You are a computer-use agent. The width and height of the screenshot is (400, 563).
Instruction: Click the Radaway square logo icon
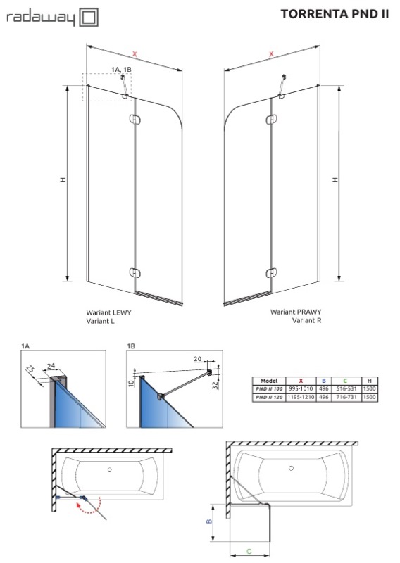tap(89, 17)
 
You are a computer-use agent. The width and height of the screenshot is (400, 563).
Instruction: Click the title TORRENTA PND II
tap(335, 14)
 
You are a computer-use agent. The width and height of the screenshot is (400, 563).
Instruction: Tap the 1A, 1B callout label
tap(121, 69)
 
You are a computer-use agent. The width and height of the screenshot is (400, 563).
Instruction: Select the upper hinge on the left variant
tap(135, 120)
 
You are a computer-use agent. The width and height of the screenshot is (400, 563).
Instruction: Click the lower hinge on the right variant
tap(271, 272)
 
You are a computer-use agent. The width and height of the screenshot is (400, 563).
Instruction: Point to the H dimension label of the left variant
tap(63, 179)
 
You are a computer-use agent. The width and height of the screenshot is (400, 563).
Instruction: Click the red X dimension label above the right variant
tap(271, 54)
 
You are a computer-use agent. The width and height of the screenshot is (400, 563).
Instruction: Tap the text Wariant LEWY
tap(108, 312)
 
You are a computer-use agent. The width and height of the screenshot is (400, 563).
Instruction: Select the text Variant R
tap(306, 320)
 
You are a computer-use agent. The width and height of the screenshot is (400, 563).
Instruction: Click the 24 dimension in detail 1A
tap(51, 366)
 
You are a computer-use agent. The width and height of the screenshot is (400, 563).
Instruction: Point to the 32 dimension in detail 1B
tap(215, 386)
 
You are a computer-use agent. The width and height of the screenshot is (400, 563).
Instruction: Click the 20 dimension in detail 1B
tap(198, 359)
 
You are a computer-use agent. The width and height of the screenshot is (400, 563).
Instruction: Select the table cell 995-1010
tap(301, 389)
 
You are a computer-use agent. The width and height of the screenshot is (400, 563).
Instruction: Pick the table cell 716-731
tap(346, 397)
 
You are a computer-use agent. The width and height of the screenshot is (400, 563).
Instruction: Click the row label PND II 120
tap(269, 397)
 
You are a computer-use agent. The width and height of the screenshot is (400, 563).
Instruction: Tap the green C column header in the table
tap(345, 381)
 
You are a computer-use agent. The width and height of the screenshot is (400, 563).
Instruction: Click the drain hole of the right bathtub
tap(291, 468)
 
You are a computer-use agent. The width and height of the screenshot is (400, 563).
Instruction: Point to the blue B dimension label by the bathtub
tap(210, 521)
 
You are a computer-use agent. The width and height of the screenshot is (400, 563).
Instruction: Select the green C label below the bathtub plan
tap(249, 552)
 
